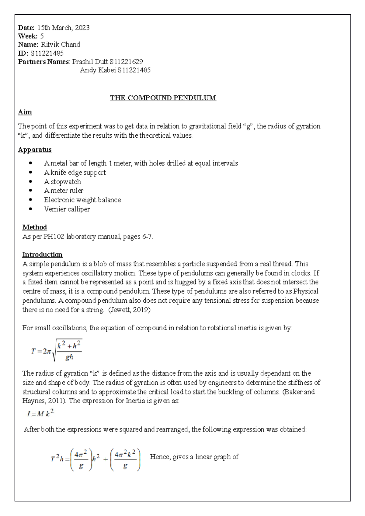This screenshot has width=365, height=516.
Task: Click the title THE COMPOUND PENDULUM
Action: pos(163,98)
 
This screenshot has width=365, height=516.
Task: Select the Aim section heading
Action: pos(25,112)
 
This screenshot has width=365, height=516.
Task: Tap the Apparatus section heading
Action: pos(35,150)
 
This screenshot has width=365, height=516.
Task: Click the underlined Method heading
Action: pos(34,227)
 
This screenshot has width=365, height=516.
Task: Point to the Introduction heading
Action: pos(42,255)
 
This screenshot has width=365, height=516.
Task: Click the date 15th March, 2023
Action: pos(63,28)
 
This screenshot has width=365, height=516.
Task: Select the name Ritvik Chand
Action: pos(61,44)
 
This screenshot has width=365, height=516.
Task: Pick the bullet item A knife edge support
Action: pos(75,173)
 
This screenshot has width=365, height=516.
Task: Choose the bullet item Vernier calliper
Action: pos(67,209)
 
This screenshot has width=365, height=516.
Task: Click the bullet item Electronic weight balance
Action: pos(82,200)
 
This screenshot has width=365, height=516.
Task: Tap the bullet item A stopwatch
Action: pos(62,182)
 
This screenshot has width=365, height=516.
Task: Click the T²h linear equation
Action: pos(95,459)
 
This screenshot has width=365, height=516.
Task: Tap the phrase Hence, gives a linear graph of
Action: pos(194,457)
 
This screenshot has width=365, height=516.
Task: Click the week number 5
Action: pos(42,36)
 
